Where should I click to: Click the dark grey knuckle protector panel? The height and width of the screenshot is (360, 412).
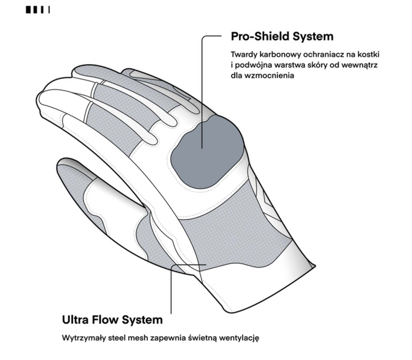[x=208, y=153]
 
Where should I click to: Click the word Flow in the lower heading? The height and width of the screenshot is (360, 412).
[x=105, y=320]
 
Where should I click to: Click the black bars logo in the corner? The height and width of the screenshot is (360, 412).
[x=38, y=10]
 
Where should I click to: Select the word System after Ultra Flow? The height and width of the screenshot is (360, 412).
[x=142, y=320]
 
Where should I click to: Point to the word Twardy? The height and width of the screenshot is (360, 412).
[x=244, y=54]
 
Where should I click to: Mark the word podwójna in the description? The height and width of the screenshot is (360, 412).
[x=253, y=65]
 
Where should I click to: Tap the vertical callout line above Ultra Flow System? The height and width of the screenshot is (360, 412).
[x=171, y=289]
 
